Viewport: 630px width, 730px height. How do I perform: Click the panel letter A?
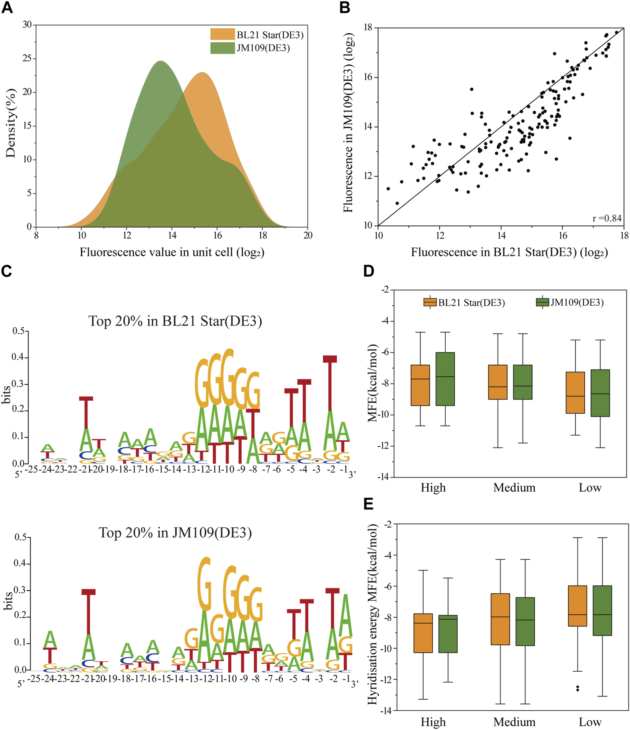(x=7, y=7)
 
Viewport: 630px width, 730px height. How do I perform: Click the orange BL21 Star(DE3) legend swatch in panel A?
(x=222, y=34)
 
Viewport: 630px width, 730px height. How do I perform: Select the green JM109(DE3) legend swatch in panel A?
(x=222, y=48)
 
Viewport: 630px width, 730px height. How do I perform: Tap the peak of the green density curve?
(x=161, y=61)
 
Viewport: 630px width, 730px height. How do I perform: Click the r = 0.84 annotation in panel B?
(x=607, y=218)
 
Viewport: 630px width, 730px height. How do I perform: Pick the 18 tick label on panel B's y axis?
(x=368, y=28)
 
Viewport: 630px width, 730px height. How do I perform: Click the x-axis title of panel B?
(x=509, y=252)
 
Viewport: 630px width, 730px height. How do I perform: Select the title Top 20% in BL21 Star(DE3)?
(x=175, y=321)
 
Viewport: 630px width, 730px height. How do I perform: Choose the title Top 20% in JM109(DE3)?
(x=175, y=533)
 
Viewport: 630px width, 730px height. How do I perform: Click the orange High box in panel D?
(x=420, y=385)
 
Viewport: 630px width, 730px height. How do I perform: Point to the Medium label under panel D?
(x=514, y=488)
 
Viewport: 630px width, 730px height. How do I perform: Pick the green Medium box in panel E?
(x=525, y=621)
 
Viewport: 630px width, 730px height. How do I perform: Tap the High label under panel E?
(x=433, y=722)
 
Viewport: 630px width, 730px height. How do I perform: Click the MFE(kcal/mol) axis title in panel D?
(x=372, y=383)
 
